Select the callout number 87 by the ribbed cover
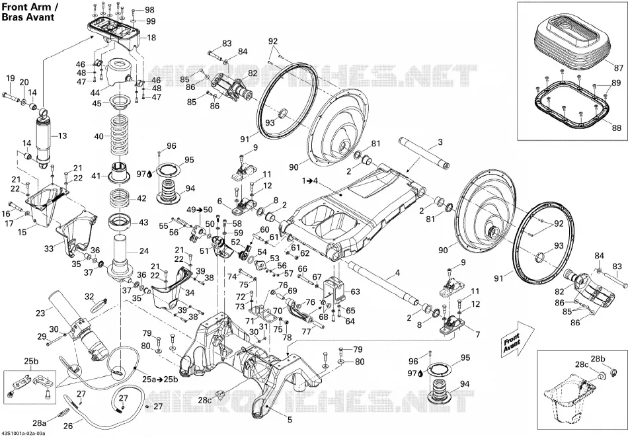tap(619, 67)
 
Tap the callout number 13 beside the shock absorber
tap(63, 136)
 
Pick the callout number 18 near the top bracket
tap(151, 38)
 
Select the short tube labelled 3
tap(424, 153)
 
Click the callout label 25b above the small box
tap(31, 361)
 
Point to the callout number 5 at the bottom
tap(290, 419)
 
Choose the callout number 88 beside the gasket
tap(617, 128)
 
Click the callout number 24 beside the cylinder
tap(144, 251)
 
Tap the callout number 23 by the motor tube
tap(40, 313)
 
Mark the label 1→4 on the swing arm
tap(309, 180)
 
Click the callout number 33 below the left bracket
tap(49, 249)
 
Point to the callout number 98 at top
tap(149, 10)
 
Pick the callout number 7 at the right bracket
tap(477, 334)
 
